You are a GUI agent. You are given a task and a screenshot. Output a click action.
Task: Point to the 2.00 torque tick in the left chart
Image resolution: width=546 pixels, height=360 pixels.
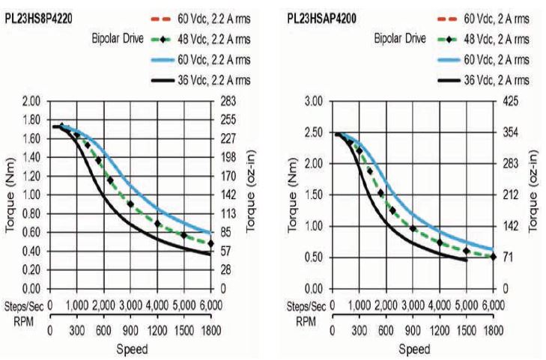pyautogui.click(x=31, y=100)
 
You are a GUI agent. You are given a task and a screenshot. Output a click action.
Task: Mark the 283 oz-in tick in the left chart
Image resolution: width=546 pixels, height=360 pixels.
pyautogui.click(x=225, y=100)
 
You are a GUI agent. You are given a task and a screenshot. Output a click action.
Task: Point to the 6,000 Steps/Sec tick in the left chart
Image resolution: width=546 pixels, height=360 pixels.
pyautogui.click(x=210, y=305)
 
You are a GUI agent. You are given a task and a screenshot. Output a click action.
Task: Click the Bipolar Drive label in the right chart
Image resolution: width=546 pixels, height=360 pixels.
pyautogui.click(x=400, y=37)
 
